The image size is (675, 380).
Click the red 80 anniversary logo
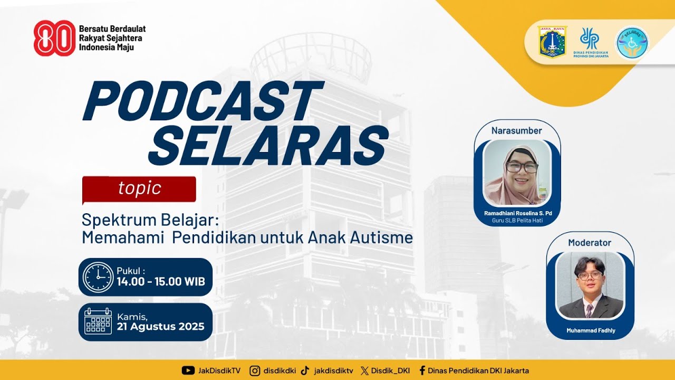coord(54,38)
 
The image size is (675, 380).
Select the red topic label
coord(139,188)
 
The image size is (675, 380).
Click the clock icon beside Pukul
coord(98,277)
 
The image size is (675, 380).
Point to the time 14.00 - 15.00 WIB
coord(161,282)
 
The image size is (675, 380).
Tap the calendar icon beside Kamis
coord(98,321)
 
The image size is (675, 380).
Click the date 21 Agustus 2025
coord(161,326)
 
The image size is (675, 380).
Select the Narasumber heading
coord(516,130)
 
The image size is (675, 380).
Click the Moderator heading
coord(590,243)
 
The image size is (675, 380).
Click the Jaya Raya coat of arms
coord(552,42)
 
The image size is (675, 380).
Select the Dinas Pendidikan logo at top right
coord(590,42)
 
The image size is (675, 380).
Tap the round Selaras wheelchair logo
coord(632,42)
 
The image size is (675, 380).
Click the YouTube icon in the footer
coord(188,370)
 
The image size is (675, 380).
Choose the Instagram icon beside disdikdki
coord(255,370)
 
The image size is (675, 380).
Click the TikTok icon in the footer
coord(305,370)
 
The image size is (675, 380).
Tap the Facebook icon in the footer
coord(422,370)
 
